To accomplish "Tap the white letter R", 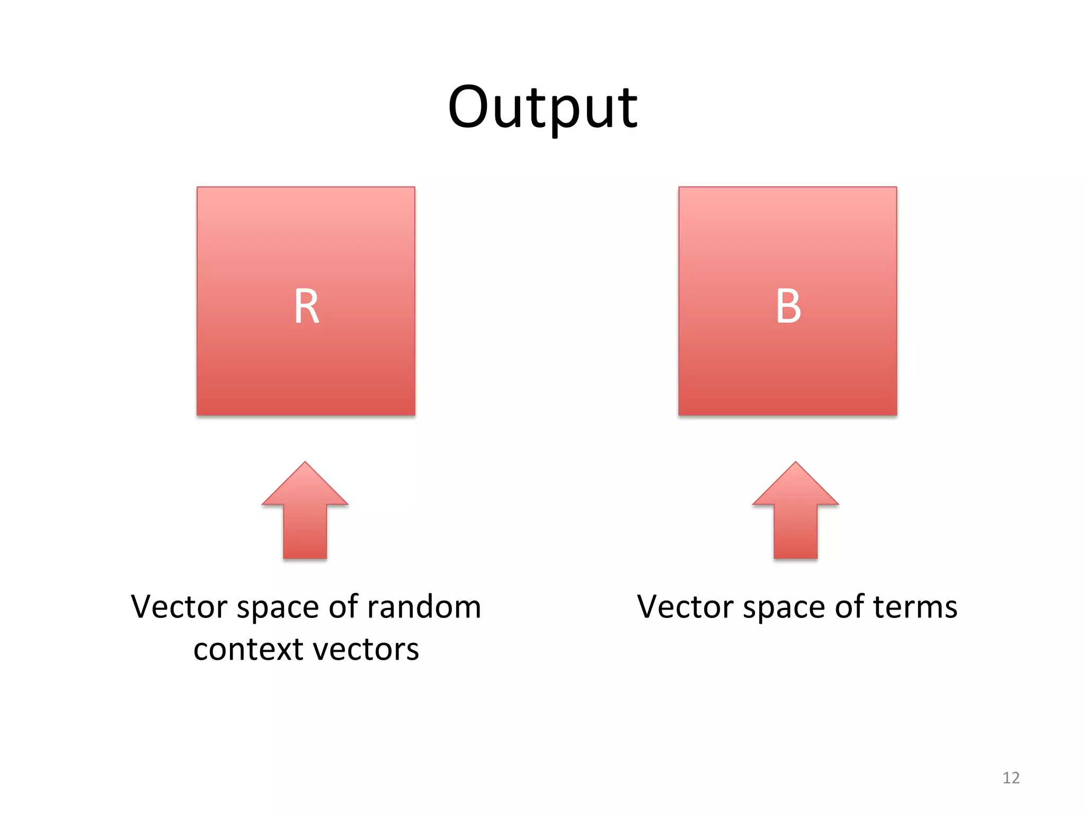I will (306, 306).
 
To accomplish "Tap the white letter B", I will (788, 306).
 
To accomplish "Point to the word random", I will (423, 607).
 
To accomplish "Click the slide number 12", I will (1011, 778).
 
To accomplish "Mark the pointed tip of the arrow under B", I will (795, 464).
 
